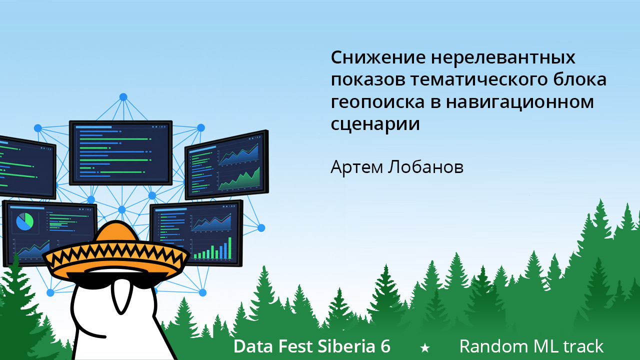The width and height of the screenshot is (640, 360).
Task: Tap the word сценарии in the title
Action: click(x=375, y=124)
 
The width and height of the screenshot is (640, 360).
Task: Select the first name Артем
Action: click(x=356, y=167)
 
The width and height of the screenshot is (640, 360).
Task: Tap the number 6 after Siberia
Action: click(x=385, y=346)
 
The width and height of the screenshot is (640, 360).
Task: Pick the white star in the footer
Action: click(x=425, y=347)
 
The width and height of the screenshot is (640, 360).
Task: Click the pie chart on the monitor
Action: click(x=24, y=221)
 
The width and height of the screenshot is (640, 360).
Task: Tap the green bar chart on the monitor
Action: click(x=213, y=250)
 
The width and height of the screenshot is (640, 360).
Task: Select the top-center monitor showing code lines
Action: click(x=120, y=152)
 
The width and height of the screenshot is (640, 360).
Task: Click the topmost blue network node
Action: click(x=123, y=96)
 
